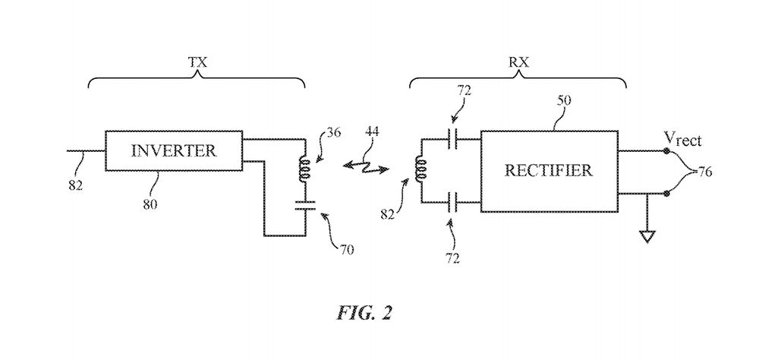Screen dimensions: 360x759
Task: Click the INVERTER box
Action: coord(174,150)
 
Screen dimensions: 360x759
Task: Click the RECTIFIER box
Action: coord(548,170)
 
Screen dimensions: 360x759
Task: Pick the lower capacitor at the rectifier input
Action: coord(454,202)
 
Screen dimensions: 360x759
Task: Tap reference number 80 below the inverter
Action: coord(150,204)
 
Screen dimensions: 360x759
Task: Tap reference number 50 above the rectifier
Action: coord(563,99)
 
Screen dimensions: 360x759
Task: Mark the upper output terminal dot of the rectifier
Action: coord(666,151)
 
